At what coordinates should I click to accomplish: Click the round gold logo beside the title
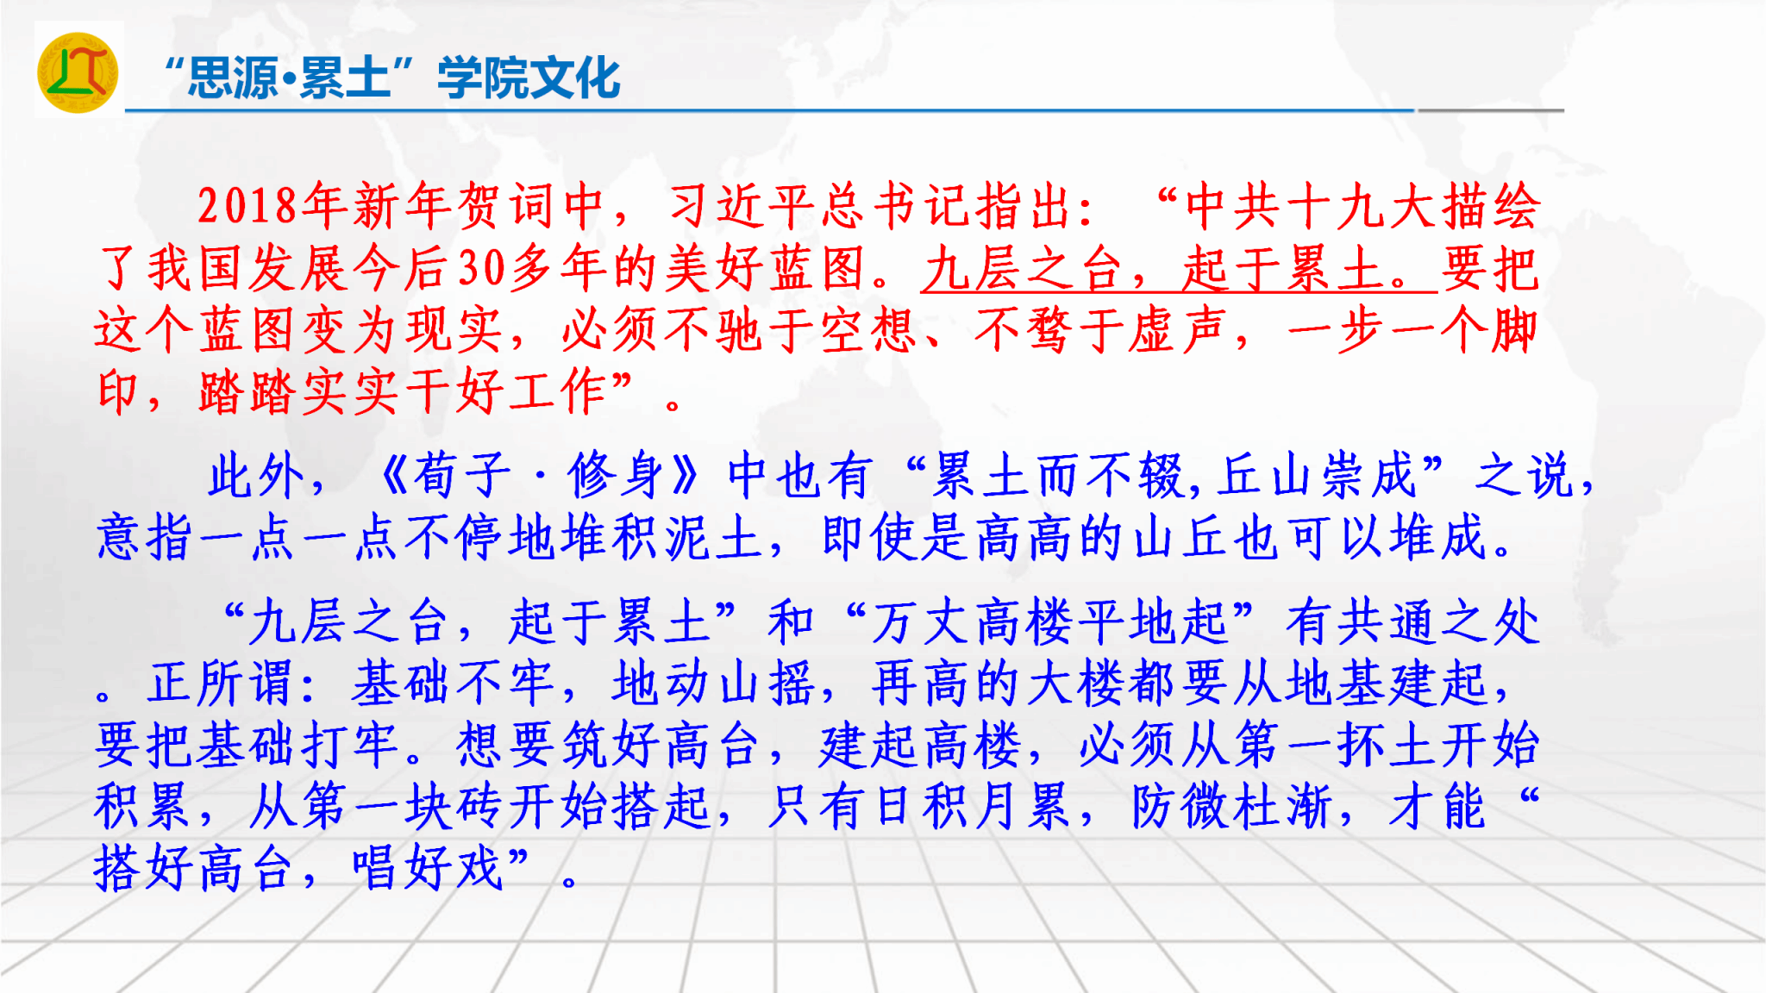click(78, 72)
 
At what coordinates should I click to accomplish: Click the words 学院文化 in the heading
click(529, 78)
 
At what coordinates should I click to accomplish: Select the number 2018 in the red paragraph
click(247, 207)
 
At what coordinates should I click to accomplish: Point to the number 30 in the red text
click(482, 268)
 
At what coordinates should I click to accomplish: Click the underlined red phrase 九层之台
click(1023, 268)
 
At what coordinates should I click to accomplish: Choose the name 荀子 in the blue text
click(462, 475)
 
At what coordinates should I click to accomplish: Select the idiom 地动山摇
click(712, 684)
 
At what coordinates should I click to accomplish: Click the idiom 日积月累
click(971, 807)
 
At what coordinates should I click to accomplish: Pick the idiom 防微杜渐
click(1230, 807)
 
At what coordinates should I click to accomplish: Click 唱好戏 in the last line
click(428, 868)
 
